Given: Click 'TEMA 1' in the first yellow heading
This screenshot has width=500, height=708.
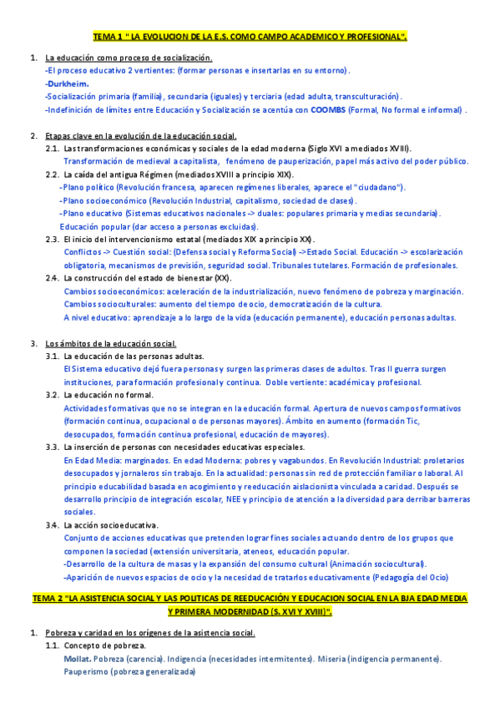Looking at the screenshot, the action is click(106, 37).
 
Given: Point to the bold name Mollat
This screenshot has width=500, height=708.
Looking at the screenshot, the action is click(77, 660).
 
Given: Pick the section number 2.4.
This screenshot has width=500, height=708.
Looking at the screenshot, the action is click(52, 277).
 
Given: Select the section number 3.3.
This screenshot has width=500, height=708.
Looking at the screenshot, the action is click(52, 447).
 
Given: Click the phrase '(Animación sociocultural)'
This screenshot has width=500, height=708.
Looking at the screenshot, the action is click(376, 564).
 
